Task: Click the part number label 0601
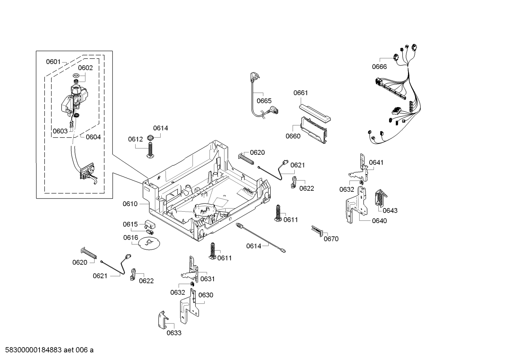pos(53,62)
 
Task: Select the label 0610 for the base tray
pos(130,204)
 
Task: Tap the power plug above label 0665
pos(254,77)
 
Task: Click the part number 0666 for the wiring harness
pos(379,67)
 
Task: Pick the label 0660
pos(293,136)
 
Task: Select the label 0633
pos(174,333)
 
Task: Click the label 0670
pos(331,239)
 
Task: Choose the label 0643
pos(390,211)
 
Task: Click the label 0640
pos(379,221)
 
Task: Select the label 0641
pos(376,163)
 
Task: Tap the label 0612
pos(135,139)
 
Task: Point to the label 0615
pos(130,224)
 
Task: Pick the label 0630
pos(205,295)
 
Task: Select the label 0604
pos(93,137)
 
